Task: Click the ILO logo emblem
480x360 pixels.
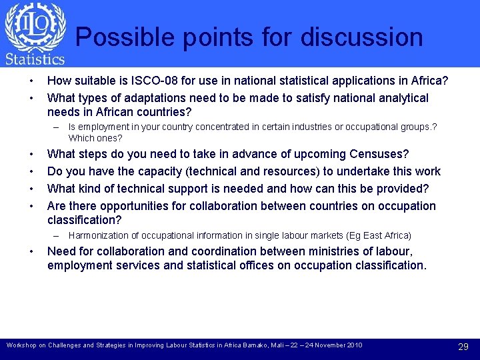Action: point(35,27)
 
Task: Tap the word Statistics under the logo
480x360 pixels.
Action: point(35,59)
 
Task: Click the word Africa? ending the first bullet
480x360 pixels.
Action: point(429,81)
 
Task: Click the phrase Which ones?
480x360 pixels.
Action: point(95,138)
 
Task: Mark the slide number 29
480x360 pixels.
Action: point(463,347)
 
